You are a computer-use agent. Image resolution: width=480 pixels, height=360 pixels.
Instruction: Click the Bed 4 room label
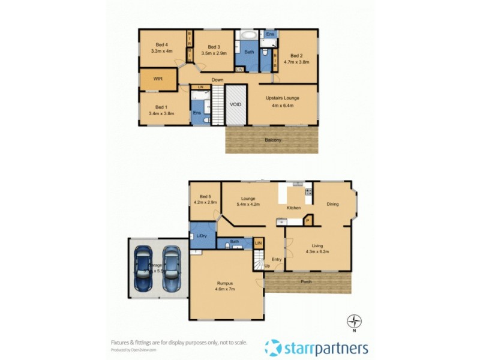pos(161,44)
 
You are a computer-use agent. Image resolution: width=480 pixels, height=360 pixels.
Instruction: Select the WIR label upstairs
pos(158,79)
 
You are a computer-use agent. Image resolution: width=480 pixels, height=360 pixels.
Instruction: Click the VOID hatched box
pos(236,104)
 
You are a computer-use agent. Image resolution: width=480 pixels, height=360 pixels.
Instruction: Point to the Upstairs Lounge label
pos(283,98)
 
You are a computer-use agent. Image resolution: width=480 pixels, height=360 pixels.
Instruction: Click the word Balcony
pos(273,140)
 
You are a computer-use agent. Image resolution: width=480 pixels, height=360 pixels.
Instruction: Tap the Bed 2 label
pos(296,56)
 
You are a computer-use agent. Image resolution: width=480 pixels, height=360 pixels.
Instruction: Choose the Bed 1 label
pos(160,106)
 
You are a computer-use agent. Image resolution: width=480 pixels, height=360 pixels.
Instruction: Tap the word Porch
pos(306,281)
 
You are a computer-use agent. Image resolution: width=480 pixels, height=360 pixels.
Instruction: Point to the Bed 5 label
pos(205,196)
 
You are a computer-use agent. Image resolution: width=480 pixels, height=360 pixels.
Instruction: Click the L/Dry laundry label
pos(202,236)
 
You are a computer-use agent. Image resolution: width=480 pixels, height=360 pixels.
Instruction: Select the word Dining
pos(332,204)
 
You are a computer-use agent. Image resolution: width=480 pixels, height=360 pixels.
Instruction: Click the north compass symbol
pos(356,320)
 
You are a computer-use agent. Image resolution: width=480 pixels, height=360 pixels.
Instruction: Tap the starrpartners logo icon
pos(274,347)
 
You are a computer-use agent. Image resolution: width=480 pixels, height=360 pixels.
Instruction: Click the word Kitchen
pos(293,208)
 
